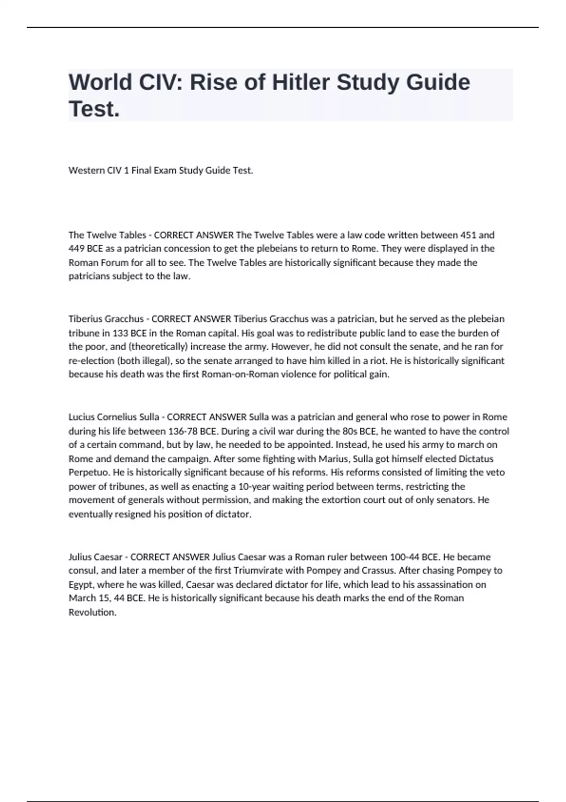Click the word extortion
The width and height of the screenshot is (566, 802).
pos(341,500)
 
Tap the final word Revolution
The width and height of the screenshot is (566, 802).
pos(92,612)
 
